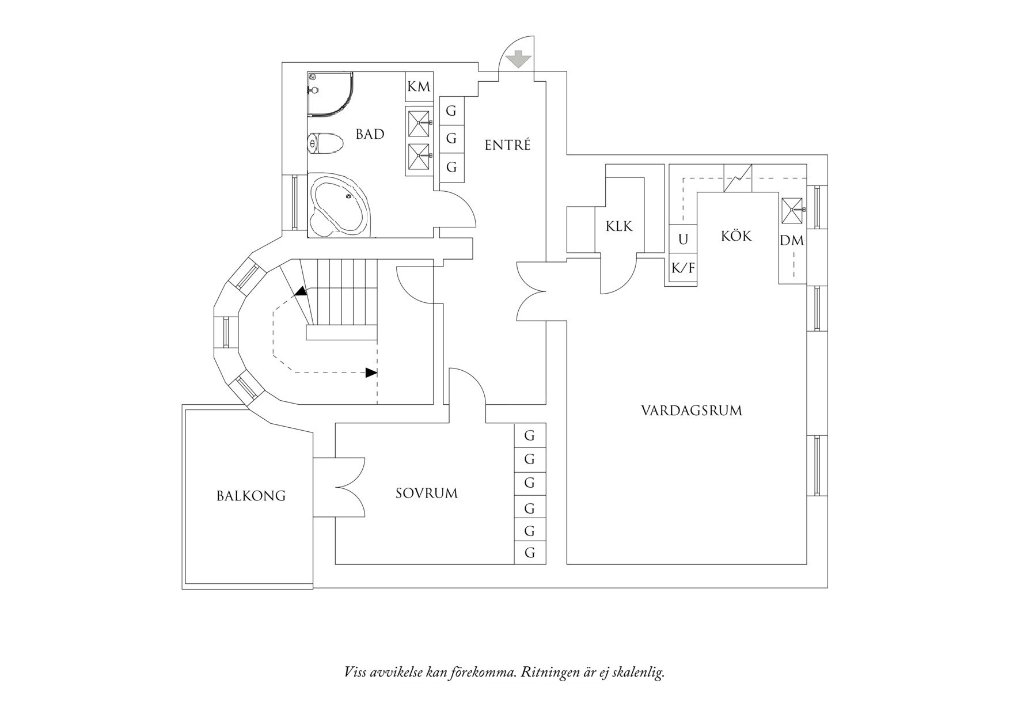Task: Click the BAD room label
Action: click(370, 135)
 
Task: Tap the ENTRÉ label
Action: click(507, 145)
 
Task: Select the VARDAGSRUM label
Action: click(691, 411)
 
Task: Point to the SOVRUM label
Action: click(426, 493)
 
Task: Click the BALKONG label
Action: click(250, 496)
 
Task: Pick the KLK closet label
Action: click(618, 226)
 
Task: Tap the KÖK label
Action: click(736, 236)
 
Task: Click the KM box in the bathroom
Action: click(419, 87)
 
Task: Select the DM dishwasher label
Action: click(792, 241)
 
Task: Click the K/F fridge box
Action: click(683, 268)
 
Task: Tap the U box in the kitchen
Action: click(683, 239)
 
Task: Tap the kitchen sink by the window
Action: click(792, 211)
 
